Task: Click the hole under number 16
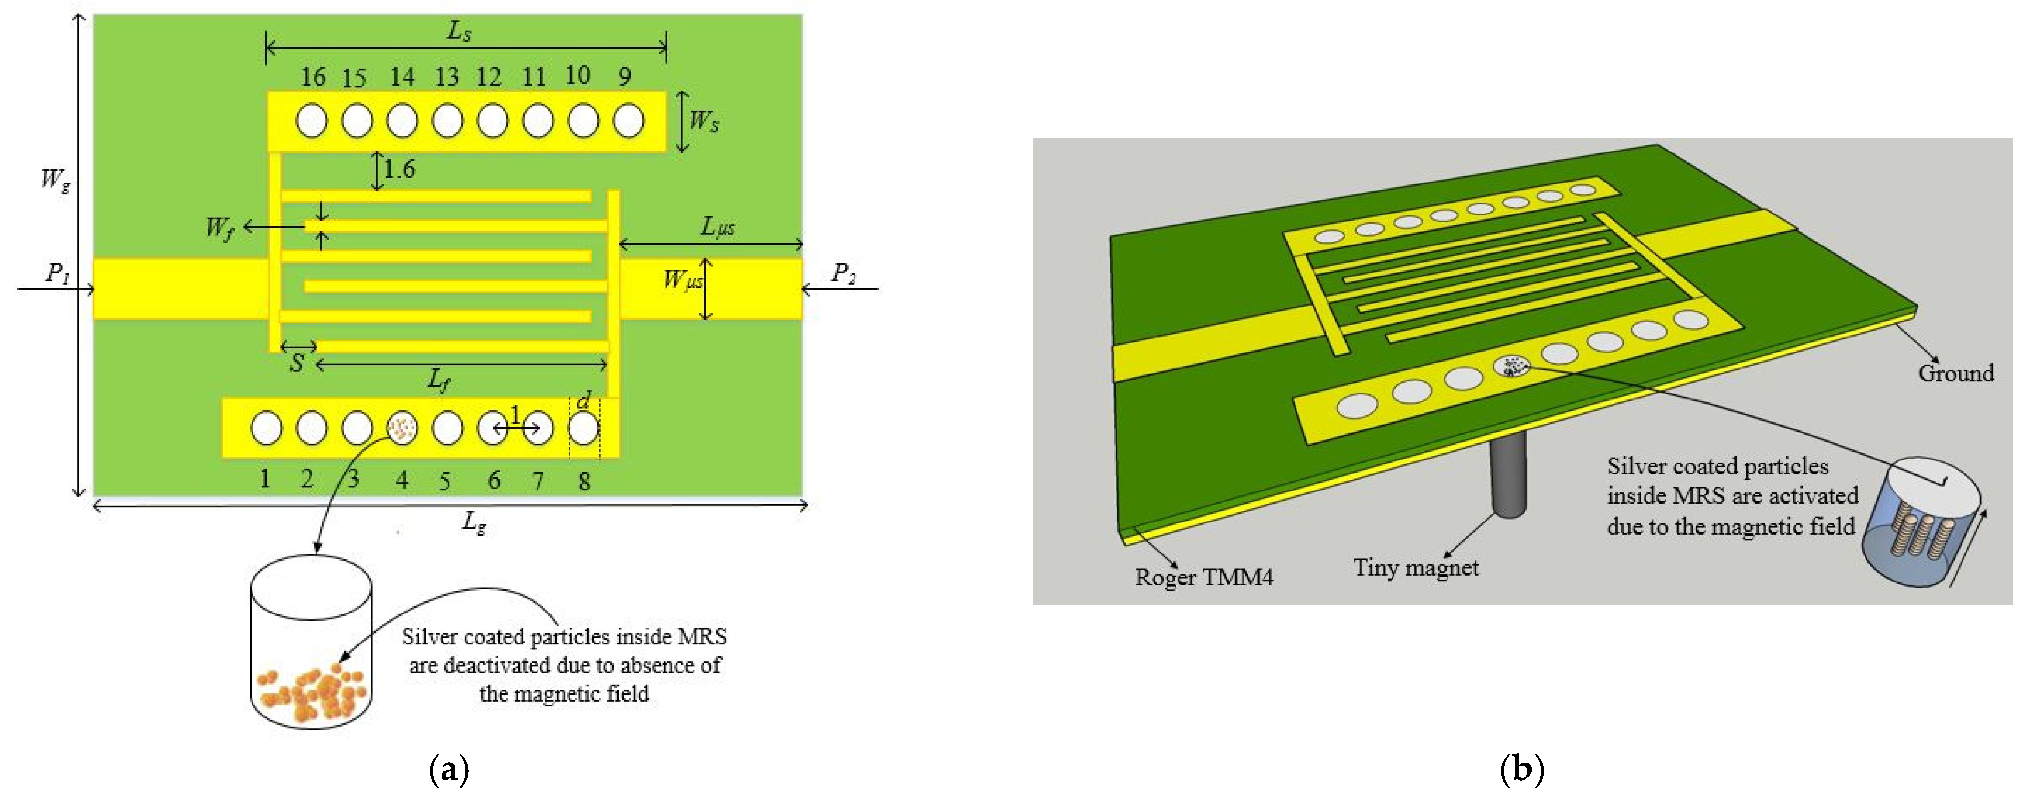click(x=311, y=121)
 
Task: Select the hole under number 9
click(x=628, y=121)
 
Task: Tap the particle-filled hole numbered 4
click(x=402, y=428)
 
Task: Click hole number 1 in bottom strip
click(x=266, y=428)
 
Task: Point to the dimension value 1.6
click(x=399, y=169)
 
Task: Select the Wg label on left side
click(x=55, y=179)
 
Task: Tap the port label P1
click(x=58, y=273)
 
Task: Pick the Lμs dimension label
click(x=717, y=227)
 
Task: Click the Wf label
click(x=220, y=228)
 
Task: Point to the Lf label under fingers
click(x=439, y=380)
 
